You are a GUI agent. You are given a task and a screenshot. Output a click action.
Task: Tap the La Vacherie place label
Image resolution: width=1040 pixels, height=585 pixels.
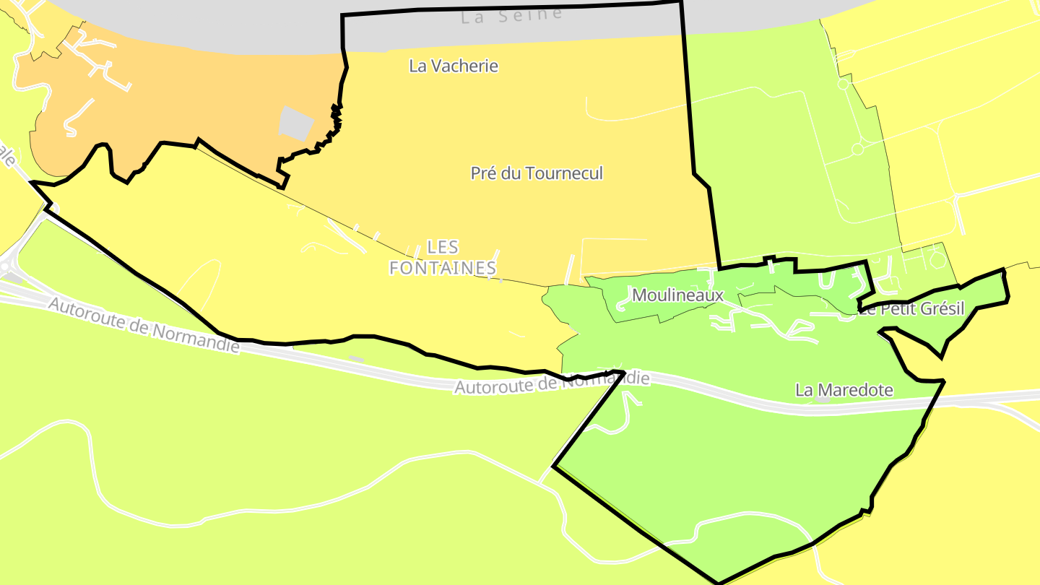tap(454, 66)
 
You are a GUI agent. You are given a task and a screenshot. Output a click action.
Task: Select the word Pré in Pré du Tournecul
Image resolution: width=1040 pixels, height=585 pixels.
tap(483, 173)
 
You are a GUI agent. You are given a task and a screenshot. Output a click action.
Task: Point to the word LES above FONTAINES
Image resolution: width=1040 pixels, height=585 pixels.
tap(443, 247)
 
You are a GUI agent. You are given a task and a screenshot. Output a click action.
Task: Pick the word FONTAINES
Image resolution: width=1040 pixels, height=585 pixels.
tap(443, 268)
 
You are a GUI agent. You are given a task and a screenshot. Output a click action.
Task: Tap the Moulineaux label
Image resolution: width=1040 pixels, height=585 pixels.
tap(677, 295)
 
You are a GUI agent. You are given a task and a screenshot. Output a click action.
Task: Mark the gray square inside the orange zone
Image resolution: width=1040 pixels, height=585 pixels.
tap(296, 123)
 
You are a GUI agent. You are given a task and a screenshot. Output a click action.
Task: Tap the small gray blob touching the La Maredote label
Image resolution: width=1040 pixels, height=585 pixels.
tap(823, 398)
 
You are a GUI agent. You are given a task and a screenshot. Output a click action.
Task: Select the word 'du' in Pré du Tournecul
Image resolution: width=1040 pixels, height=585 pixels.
tap(509, 173)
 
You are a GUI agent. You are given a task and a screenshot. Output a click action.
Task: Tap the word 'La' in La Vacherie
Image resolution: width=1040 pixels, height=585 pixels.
tap(417, 66)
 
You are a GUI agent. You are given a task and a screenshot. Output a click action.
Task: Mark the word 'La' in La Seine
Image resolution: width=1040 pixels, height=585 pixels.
tap(473, 17)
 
